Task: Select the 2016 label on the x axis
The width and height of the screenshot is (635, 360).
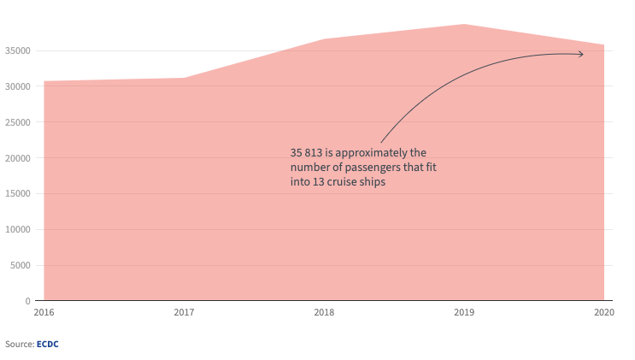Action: pyautogui.click(x=44, y=314)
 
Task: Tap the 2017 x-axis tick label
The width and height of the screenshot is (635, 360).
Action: pyautogui.click(x=184, y=314)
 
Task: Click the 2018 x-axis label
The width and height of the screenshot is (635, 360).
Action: pyautogui.click(x=324, y=314)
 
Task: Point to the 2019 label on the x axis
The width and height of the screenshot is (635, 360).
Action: pyautogui.click(x=464, y=314)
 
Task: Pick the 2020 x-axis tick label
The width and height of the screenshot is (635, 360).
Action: pyautogui.click(x=604, y=314)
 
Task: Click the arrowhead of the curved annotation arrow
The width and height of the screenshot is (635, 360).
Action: pyautogui.click(x=582, y=54)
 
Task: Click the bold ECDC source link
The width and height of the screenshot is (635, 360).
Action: pyautogui.click(x=47, y=344)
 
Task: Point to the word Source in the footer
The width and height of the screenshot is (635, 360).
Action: pyautogui.click(x=19, y=344)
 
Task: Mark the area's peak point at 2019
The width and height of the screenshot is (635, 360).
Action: pyautogui.click(x=464, y=25)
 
